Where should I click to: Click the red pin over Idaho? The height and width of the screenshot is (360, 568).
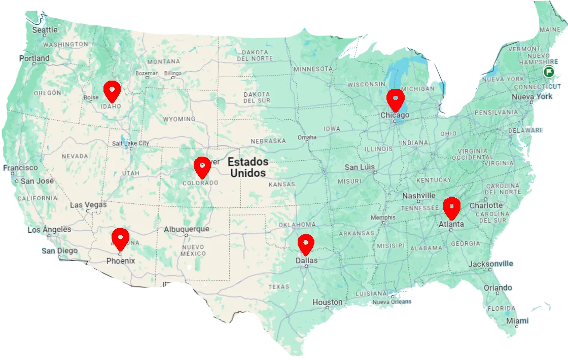coord(112,90)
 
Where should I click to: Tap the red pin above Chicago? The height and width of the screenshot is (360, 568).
coord(395,99)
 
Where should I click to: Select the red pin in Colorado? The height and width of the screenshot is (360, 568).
coord(202,166)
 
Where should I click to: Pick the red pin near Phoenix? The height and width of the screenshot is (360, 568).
coord(120,238)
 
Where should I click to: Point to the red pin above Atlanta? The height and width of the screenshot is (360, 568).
coord(451,207)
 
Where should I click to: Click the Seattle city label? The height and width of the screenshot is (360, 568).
coord(45,30)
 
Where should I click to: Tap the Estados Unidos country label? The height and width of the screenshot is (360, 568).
coord(248,167)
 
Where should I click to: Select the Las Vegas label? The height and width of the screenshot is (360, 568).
coord(88,205)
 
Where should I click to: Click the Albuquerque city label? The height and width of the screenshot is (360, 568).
coord(186,229)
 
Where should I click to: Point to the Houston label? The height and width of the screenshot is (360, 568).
coord(327,302)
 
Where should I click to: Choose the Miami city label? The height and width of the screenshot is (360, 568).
coord(517,321)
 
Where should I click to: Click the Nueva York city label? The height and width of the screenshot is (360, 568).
coord(531,96)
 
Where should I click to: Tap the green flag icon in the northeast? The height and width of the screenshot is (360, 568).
coord(548,71)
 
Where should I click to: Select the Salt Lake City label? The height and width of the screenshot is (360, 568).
coord(131,143)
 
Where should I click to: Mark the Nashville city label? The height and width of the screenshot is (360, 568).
coord(419,196)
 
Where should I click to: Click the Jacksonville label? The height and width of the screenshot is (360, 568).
coord(491,264)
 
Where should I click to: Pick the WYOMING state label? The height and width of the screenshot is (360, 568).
coord(179,119)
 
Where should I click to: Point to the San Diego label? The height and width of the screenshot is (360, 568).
coord(60,251)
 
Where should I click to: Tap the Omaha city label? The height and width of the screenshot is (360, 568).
coord(307,137)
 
